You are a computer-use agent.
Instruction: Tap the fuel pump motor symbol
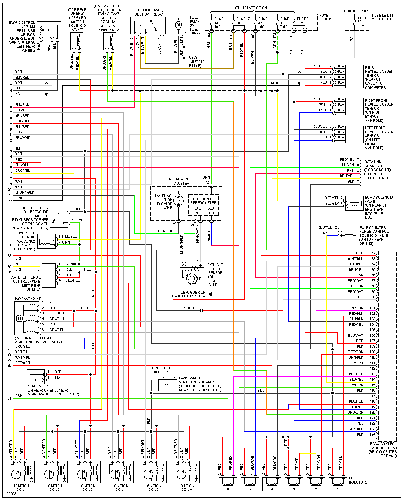178,25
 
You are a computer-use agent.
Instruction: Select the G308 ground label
195,61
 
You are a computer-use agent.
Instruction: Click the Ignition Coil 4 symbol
120,471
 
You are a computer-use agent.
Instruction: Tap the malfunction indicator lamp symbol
180,201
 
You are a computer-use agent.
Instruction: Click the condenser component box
36,377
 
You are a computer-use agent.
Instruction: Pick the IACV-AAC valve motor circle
19,319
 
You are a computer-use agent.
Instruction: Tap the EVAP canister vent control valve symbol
167,384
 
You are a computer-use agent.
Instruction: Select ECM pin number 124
373,434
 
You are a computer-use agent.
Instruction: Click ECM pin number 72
373,253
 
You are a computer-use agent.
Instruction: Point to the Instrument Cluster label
179,181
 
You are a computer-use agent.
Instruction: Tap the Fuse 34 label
304,19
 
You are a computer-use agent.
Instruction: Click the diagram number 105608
11,494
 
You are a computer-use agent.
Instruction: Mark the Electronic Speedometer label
203,201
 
